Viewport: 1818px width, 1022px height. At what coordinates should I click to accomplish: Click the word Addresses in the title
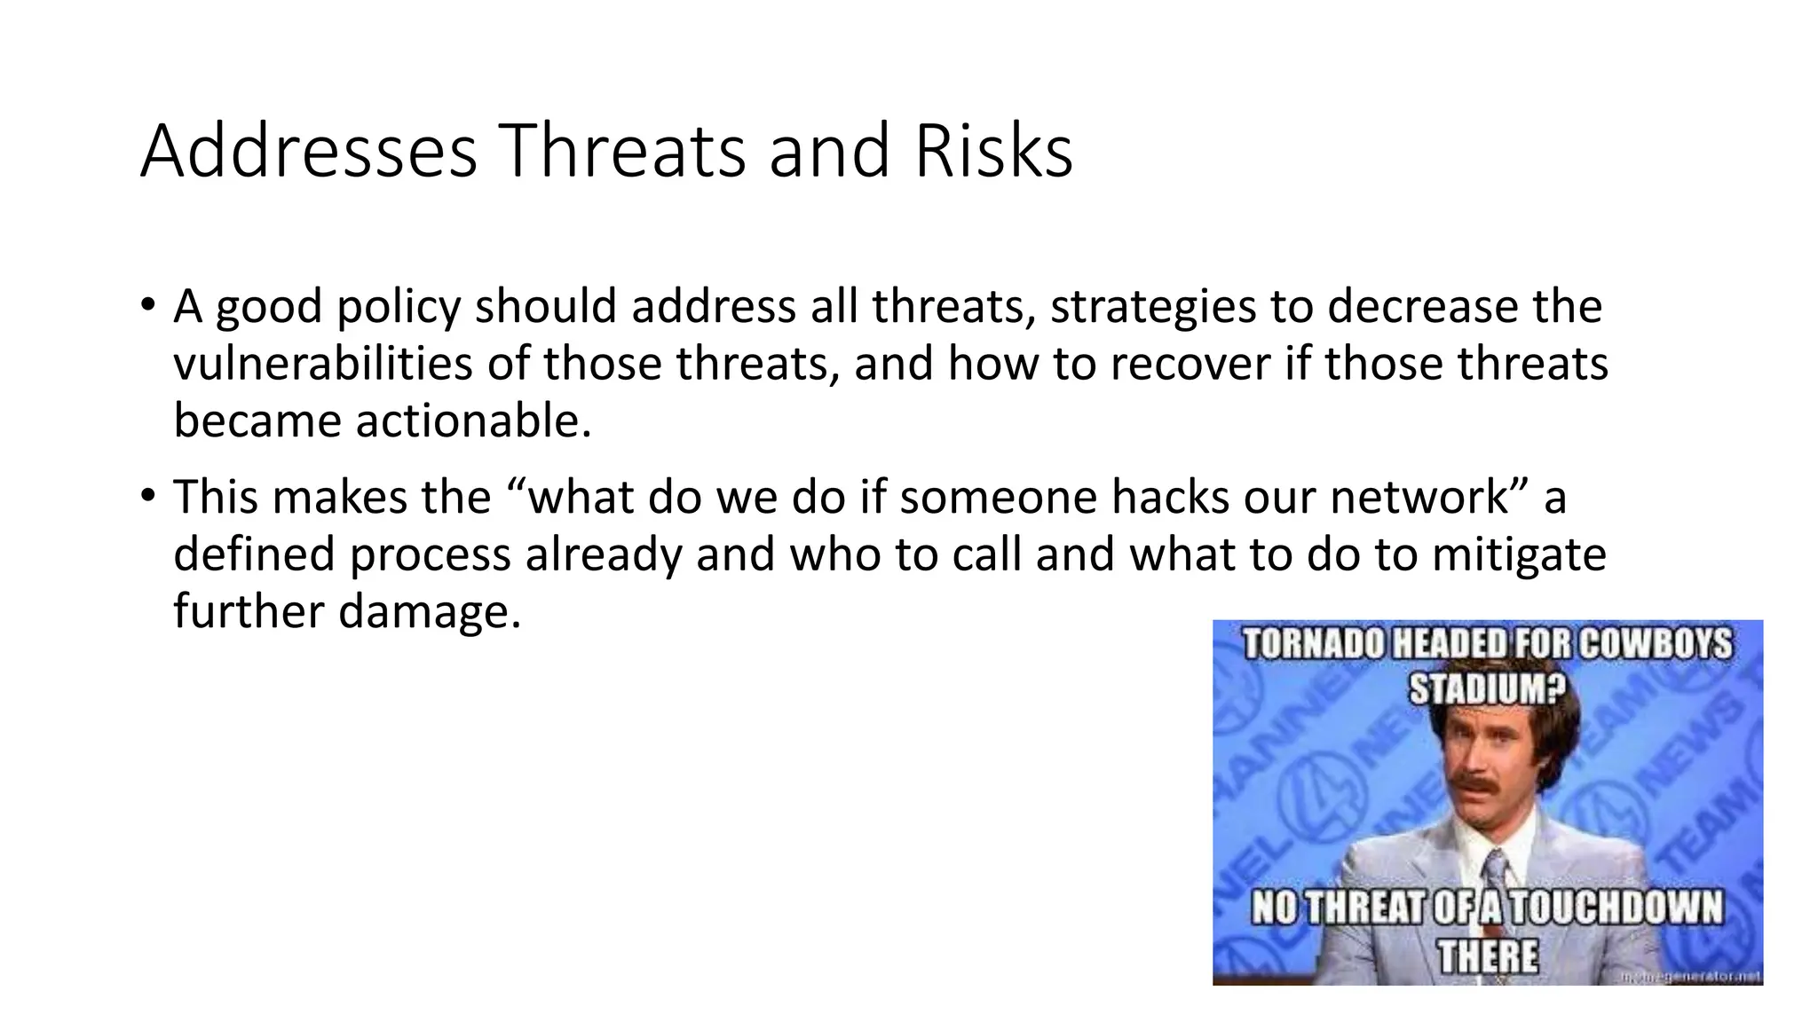(x=308, y=151)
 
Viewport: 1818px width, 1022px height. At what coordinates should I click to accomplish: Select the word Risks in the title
(x=993, y=151)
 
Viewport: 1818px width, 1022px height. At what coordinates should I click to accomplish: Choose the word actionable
(x=473, y=421)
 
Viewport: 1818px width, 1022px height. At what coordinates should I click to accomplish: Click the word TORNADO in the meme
(x=1312, y=645)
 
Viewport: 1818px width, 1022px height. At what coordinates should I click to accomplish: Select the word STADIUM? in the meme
(x=1487, y=689)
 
